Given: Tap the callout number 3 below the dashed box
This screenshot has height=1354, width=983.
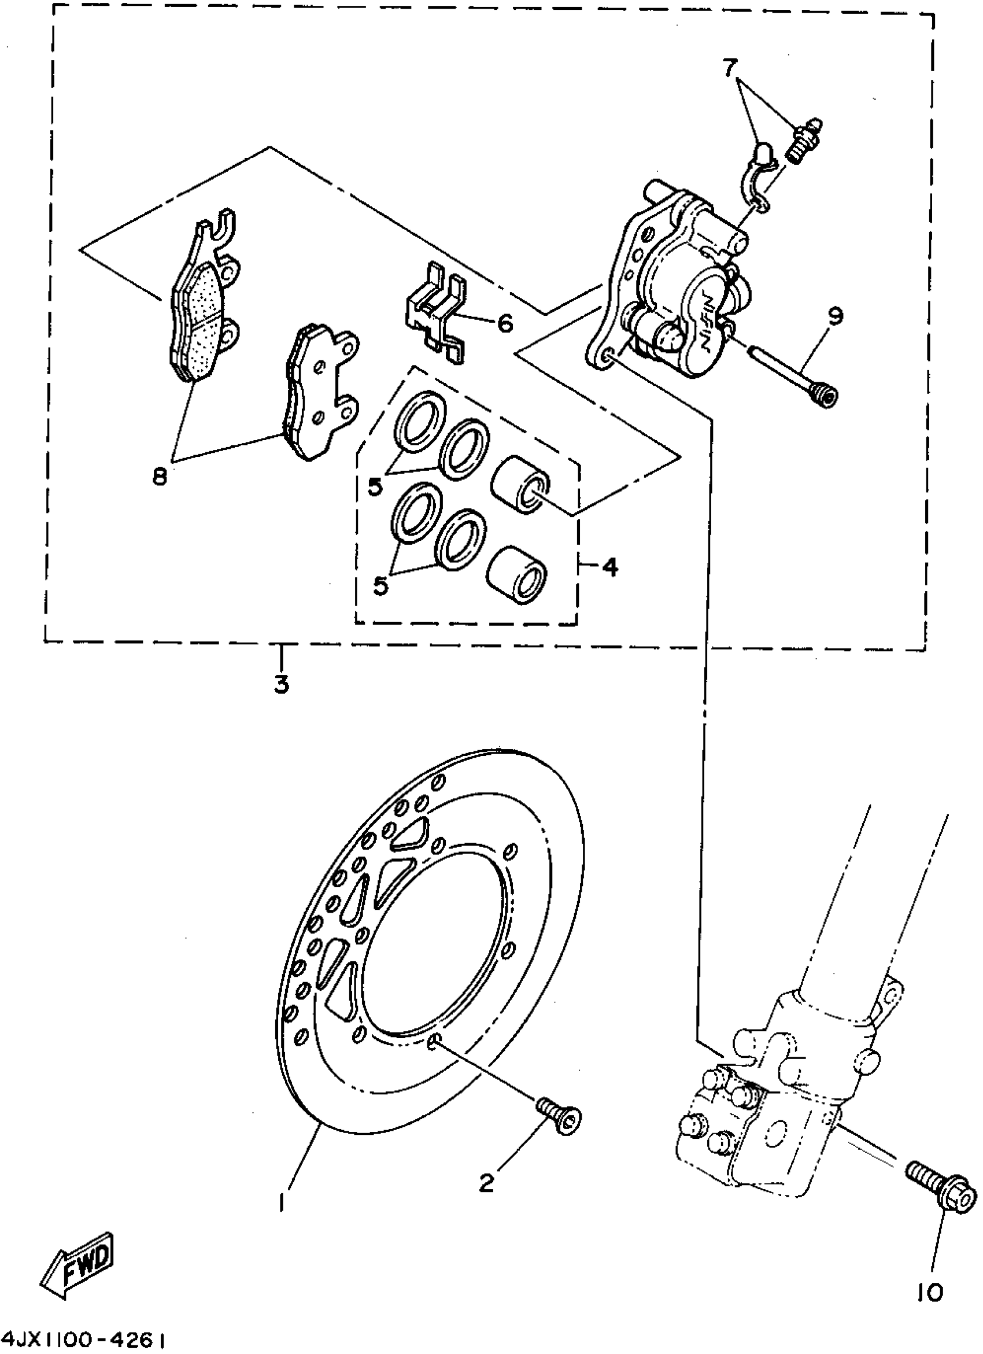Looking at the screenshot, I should click(x=281, y=684).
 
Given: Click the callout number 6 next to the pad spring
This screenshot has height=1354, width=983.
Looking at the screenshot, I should click(x=504, y=323).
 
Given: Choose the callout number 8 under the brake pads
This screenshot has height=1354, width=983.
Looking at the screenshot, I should click(x=160, y=477).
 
